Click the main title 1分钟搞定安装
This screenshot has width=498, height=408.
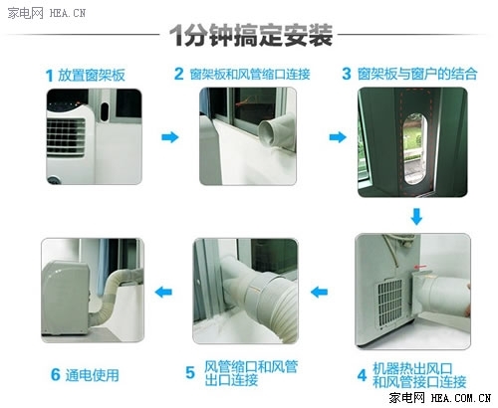(251, 35)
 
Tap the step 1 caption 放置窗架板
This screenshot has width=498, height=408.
(92, 75)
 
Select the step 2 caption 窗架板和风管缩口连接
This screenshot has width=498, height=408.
(250, 74)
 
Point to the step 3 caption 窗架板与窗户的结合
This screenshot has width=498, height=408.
(417, 74)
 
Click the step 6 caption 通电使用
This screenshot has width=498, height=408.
(93, 375)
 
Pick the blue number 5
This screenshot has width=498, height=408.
(190, 373)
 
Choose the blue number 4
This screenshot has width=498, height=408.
(362, 375)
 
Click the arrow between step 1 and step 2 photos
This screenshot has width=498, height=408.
(170, 137)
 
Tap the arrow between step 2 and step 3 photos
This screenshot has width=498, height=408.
(338, 137)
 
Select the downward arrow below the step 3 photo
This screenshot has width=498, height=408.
(416, 217)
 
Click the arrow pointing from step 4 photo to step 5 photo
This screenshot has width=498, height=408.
(319, 292)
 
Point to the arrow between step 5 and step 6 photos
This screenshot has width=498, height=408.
(163, 292)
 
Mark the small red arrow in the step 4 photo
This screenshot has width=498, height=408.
(420, 267)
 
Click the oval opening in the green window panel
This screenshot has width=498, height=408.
(414, 148)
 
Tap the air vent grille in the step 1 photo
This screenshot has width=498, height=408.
(66, 136)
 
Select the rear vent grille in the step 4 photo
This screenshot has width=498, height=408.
(390, 304)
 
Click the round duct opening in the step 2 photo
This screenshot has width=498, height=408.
(270, 133)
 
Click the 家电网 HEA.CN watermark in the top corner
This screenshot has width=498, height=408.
(47, 13)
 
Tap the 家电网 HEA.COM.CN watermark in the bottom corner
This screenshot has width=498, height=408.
(440, 397)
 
